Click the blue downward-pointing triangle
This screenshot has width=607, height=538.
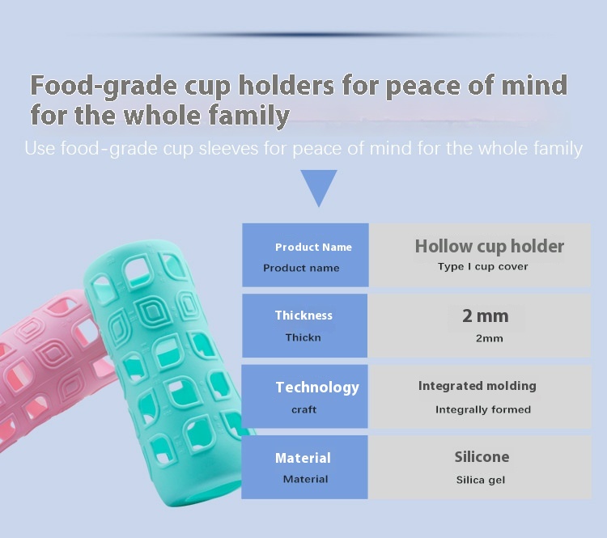319,186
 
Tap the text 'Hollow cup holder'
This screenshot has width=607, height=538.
490,246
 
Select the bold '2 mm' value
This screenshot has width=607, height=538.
486,316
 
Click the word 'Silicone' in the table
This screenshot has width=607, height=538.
482,457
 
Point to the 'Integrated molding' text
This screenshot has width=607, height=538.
478,386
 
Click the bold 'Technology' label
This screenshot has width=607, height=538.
317,388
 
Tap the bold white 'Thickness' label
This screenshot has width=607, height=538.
303,316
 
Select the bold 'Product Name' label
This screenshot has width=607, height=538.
313,247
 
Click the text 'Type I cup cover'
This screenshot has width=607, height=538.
482,267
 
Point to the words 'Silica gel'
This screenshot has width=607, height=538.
481,481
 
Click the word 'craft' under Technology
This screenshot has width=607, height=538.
303,409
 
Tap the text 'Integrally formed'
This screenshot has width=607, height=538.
483,410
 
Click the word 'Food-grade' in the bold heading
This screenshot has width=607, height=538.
104,87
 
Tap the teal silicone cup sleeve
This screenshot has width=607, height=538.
167,371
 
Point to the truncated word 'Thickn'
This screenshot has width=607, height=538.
303,338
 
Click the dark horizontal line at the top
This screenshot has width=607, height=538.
310,35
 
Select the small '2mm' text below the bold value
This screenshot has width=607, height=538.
490,339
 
